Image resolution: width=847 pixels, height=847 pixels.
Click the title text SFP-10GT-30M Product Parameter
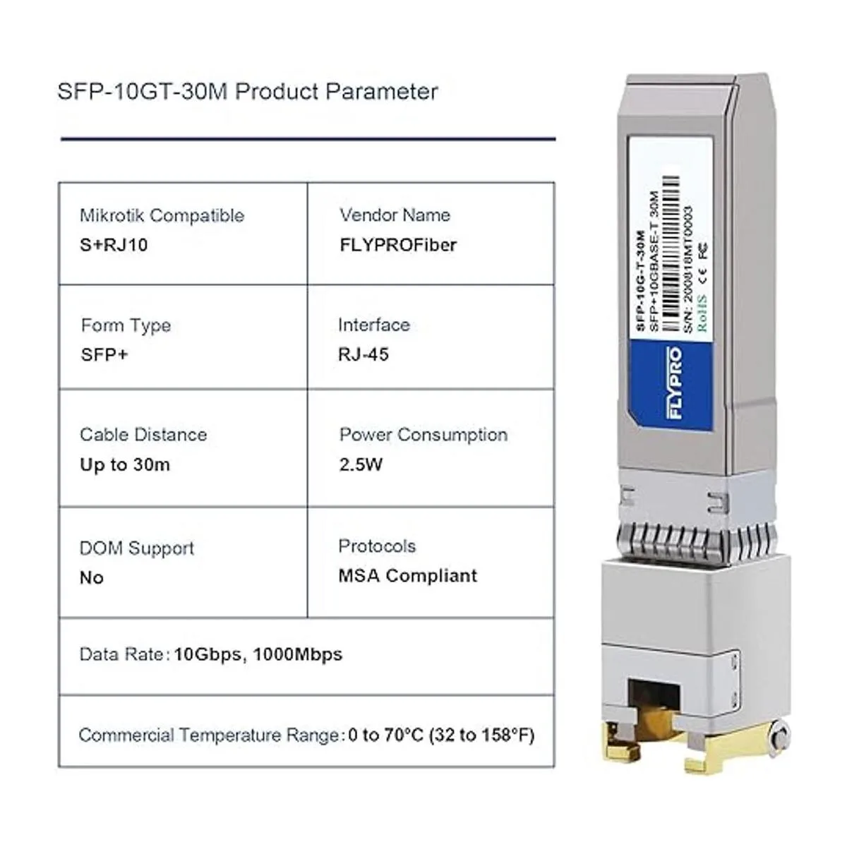(248, 92)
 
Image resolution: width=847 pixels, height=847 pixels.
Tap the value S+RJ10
(114, 245)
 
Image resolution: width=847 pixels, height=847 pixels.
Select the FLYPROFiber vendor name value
(398, 245)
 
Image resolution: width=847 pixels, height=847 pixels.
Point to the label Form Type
(126, 325)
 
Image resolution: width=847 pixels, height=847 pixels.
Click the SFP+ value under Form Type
(104, 354)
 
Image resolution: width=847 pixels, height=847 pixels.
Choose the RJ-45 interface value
(364, 354)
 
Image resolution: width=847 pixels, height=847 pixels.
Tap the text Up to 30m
(125, 464)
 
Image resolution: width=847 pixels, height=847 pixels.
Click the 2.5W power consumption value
(361, 464)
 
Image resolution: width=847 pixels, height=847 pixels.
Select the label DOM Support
(137, 548)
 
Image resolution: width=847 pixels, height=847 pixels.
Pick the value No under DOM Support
(92, 577)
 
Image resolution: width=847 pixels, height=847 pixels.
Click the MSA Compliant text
(407, 575)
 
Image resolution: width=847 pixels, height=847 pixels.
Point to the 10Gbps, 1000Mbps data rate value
(258, 654)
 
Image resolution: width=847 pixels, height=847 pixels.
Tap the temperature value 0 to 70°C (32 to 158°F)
(441, 735)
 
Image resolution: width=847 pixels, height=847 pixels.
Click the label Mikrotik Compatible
(162, 216)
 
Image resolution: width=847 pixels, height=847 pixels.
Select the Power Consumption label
(423, 435)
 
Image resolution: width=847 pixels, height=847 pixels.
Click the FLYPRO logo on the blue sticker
(675, 383)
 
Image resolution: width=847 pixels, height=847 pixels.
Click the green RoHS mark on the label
(702, 313)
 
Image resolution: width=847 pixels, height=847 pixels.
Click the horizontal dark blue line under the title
(308, 139)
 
